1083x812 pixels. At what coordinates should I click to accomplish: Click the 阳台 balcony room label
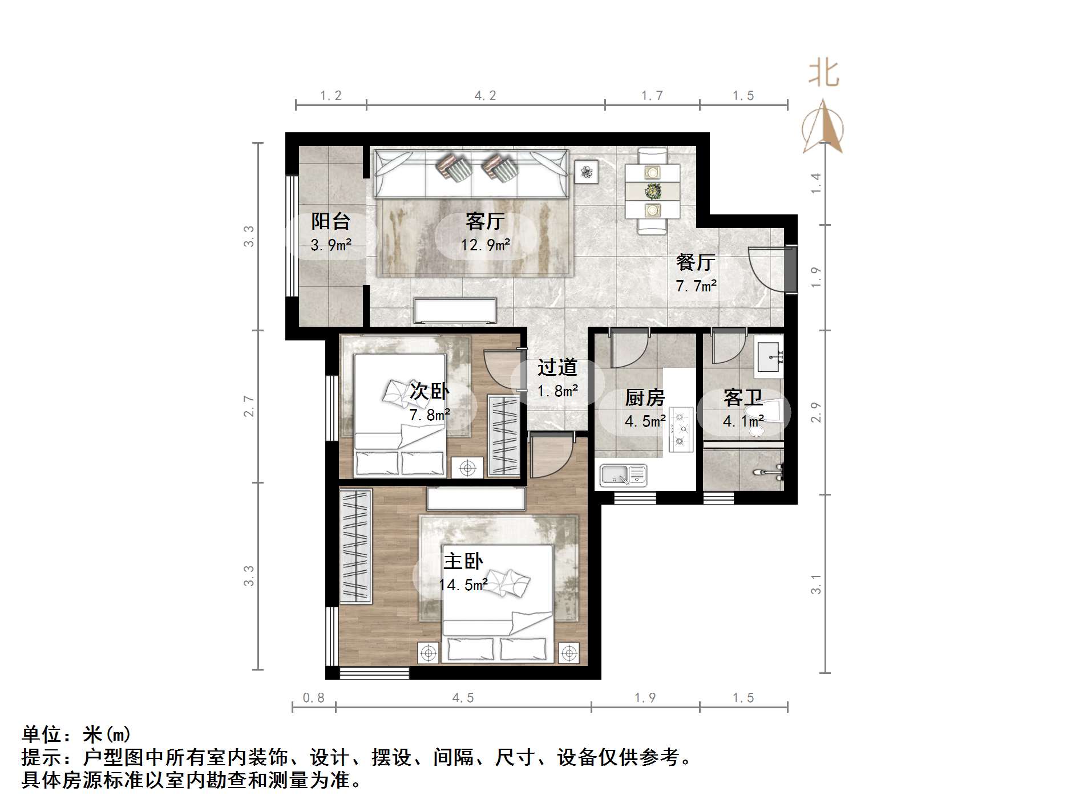(330, 221)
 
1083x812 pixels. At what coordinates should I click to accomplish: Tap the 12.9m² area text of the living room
(486, 245)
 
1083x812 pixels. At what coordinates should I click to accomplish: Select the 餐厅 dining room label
(696, 262)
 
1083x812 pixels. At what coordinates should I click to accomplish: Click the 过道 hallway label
(557, 368)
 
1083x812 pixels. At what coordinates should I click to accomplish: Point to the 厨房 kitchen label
(645, 397)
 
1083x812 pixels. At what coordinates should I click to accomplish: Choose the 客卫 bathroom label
(742, 397)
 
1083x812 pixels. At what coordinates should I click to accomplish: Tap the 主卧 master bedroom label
(463, 562)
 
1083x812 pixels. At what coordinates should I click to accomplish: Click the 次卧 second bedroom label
(429, 391)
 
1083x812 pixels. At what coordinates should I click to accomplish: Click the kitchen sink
(623, 475)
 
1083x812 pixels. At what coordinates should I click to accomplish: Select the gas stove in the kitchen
(681, 429)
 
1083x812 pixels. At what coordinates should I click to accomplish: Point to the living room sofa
(471, 173)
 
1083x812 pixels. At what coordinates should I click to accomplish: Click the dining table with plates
(652, 191)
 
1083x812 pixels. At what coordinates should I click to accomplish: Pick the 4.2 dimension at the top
(485, 96)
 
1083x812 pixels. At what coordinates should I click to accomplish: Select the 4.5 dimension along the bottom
(463, 698)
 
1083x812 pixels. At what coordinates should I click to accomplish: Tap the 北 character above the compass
(823, 74)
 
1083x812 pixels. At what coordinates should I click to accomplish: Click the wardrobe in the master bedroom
(355, 546)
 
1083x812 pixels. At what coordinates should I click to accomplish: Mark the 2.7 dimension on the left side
(249, 405)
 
